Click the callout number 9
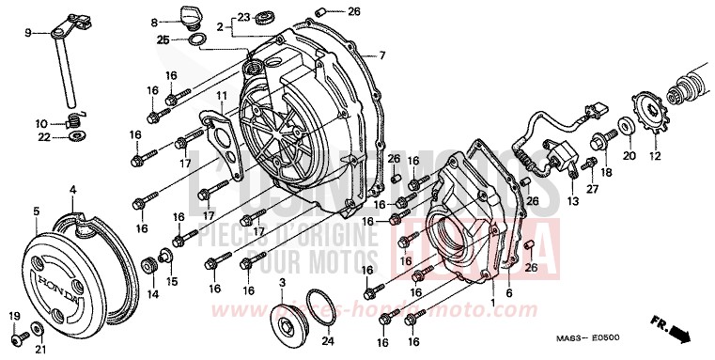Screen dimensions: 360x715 coord(28,34)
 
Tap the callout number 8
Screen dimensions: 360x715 coord(154,22)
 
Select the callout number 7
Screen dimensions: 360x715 coord(382,55)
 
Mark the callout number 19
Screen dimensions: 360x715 coord(14,314)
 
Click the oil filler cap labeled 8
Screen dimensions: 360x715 coord(179,17)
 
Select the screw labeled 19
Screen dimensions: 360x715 coord(16,335)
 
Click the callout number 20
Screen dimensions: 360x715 coord(630,155)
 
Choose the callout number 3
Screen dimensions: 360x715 coord(282,283)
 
